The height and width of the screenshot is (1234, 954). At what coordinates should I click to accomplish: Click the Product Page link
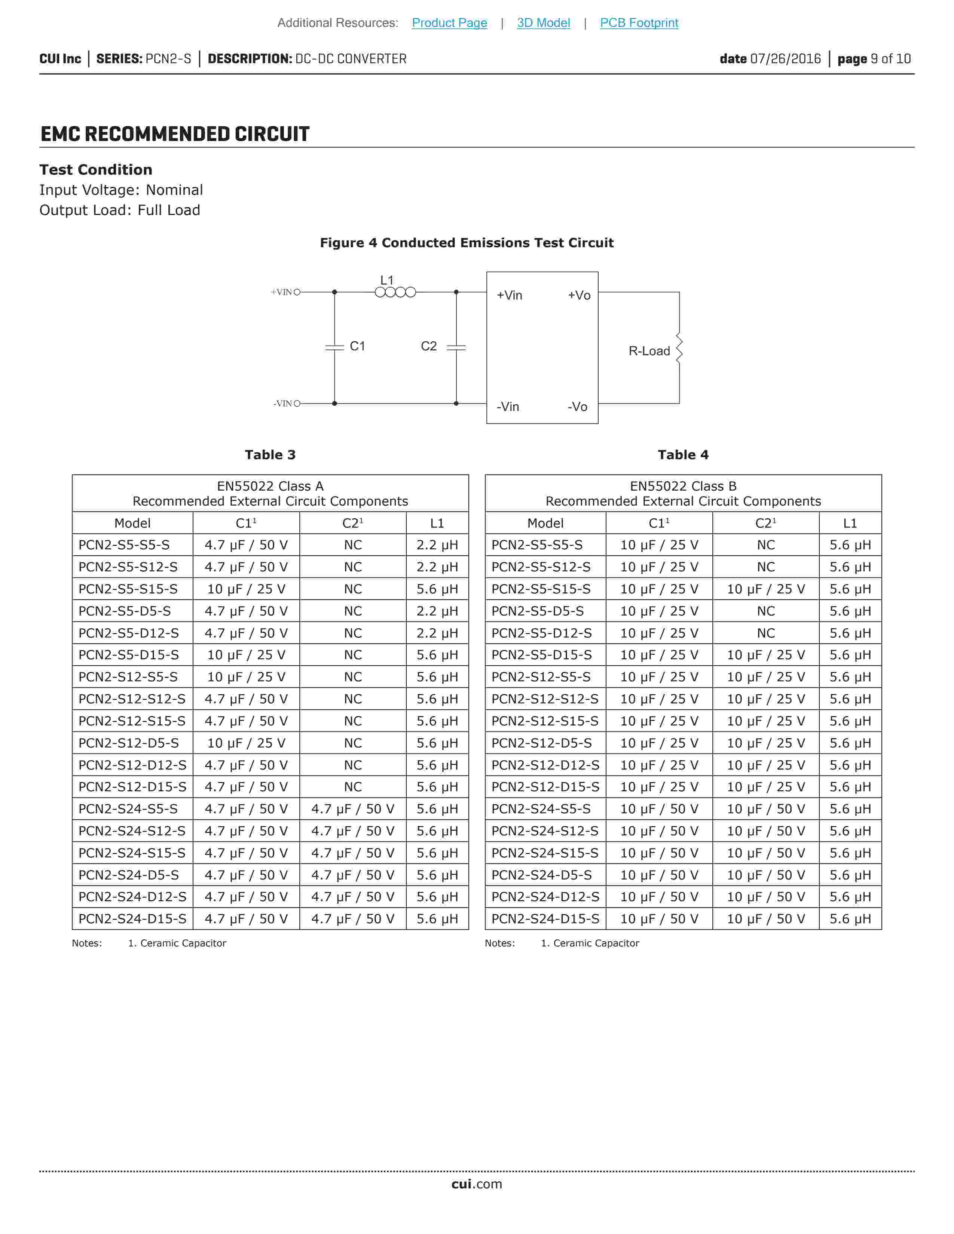point(449,22)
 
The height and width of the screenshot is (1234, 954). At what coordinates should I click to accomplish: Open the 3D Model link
point(543,22)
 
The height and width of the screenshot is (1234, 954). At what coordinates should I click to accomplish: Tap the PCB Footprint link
point(639,22)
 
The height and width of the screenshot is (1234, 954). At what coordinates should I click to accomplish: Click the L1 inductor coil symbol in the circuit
point(395,292)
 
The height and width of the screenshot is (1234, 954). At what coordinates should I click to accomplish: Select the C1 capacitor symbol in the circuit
point(334,347)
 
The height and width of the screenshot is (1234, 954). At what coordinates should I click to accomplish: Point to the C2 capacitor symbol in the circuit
point(456,347)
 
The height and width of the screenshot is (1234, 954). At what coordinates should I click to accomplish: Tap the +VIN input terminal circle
point(297,292)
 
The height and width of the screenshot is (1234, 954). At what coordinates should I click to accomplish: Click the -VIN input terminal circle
point(297,403)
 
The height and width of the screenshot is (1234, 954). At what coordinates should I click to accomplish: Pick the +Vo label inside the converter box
point(579,295)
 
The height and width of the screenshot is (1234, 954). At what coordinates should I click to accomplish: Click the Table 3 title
point(270,455)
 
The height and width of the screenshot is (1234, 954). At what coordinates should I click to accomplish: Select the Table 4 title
point(683,455)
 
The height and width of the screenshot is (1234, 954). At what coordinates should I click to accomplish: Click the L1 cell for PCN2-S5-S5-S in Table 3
point(437,545)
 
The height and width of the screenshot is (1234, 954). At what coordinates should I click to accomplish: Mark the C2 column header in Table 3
point(353,523)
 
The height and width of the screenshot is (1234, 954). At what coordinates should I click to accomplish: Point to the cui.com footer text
point(476,1184)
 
